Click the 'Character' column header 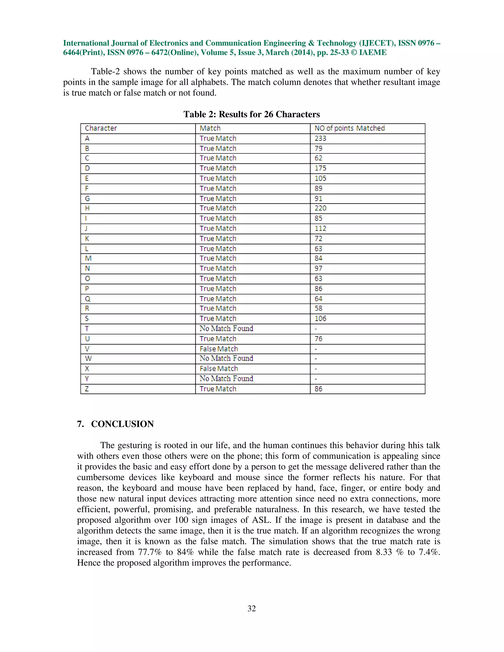(x=101, y=128)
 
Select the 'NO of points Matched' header (x=349, y=128)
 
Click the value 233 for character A (x=320, y=139)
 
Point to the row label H (x=87, y=208)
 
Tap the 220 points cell (x=320, y=208)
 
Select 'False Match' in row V (x=219, y=349)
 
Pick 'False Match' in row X (x=219, y=369)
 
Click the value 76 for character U (x=318, y=339)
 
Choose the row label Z (x=87, y=389)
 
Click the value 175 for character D (x=320, y=168)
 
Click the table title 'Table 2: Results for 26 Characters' (x=252, y=114)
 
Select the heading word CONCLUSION (x=122, y=424)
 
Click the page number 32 (x=252, y=608)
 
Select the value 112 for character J (x=320, y=229)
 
